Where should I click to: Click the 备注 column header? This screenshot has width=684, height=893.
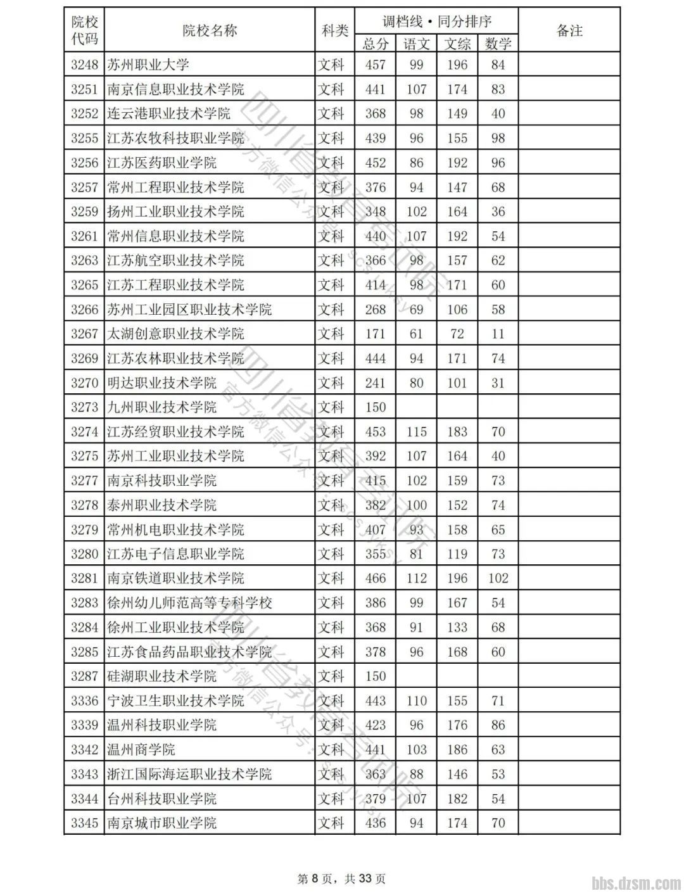[x=569, y=30]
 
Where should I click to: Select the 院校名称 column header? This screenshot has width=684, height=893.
[x=209, y=30]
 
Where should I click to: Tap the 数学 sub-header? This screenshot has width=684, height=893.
[x=498, y=44]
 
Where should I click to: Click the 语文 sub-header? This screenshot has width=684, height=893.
[x=416, y=44]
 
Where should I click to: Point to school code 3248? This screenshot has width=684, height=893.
[x=84, y=65]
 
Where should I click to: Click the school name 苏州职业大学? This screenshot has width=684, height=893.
[x=148, y=65]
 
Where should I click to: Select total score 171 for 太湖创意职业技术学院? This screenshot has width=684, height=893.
[x=375, y=334]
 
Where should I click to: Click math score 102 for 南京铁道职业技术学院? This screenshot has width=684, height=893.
[x=498, y=578]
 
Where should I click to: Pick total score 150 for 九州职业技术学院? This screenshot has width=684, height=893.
[x=375, y=407]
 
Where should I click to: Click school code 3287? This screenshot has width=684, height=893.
[x=84, y=676]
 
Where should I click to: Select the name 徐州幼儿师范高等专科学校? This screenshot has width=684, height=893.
[x=189, y=603]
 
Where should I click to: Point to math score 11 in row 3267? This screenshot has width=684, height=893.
[x=498, y=334]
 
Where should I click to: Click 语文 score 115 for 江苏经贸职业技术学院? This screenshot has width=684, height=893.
[x=416, y=432]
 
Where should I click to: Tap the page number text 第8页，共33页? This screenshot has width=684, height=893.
[x=341, y=878]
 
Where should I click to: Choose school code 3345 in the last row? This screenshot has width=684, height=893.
[x=84, y=823]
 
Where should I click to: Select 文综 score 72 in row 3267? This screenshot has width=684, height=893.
[x=457, y=334]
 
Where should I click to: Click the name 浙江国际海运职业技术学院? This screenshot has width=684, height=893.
[x=189, y=774]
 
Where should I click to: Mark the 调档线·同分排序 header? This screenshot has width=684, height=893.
[x=436, y=21]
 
